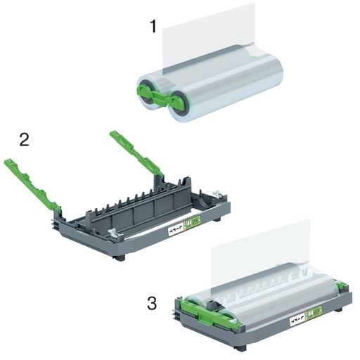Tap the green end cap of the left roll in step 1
click(146, 92)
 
